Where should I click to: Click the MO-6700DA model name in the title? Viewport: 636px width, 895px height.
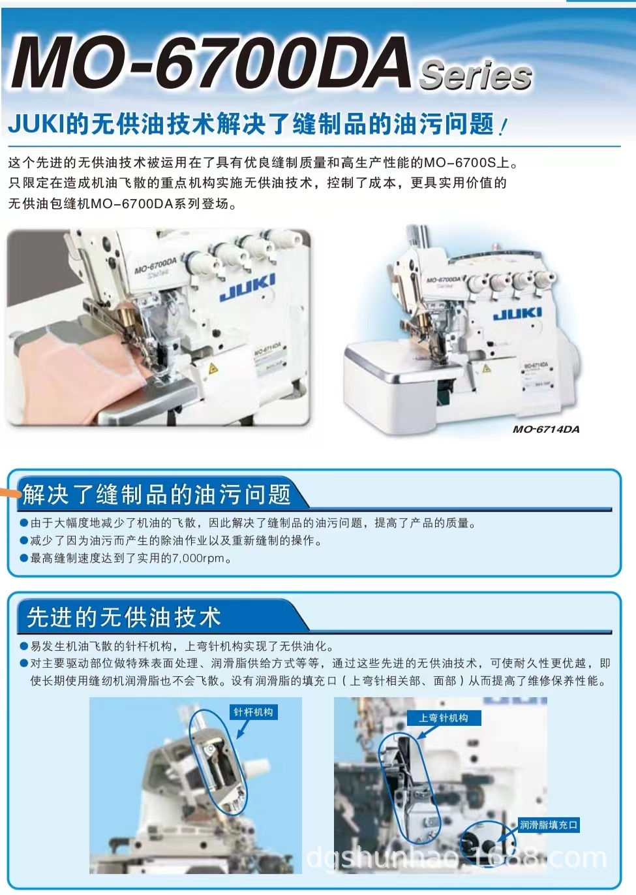(x=210, y=64)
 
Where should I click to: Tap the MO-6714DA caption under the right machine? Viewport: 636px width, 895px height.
(x=546, y=429)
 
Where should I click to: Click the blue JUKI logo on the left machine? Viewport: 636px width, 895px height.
(x=247, y=287)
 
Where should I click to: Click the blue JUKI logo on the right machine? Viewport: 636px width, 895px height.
(x=517, y=314)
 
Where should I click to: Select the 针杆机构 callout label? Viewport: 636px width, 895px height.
(x=254, y=712)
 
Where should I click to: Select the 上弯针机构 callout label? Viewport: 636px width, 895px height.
(x=444, y=718)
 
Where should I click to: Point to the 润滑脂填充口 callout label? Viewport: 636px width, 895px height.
(x=549, y=825)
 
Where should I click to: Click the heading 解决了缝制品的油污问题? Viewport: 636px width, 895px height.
(x=157, y=495)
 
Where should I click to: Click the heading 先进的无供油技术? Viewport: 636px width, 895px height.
(x=124, y=617)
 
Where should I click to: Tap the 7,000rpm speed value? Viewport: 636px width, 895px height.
(x=198, y=558)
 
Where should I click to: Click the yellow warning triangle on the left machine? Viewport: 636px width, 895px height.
(x=213, y=369)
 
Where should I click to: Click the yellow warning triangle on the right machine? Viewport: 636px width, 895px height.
(x=486, y=368)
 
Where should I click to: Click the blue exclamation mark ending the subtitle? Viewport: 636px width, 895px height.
(x=502, y=125)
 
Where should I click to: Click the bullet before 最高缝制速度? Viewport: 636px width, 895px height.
(x=23, y=558)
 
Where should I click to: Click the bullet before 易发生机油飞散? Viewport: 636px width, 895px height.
(x=23, y=646)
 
